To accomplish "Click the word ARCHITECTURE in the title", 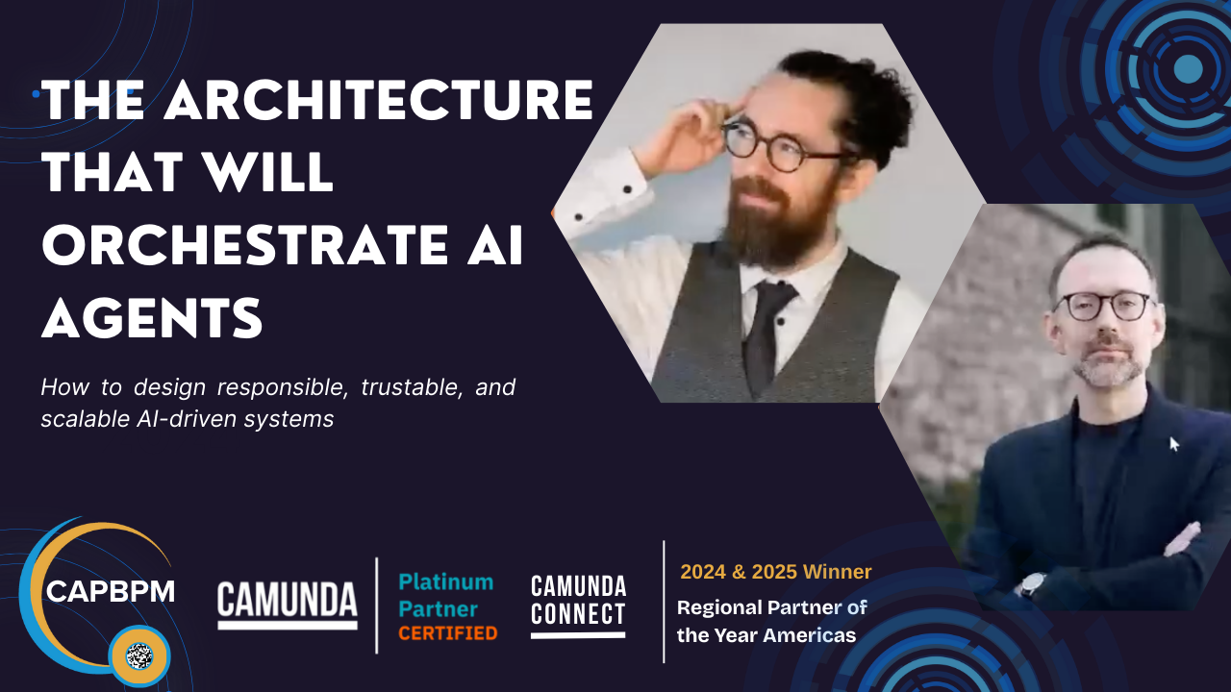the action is tap(379, 101).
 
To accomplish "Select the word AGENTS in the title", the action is tap(152, 318).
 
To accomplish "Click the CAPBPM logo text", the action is tap(111, 591).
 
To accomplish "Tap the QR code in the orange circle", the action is tap(139, 655).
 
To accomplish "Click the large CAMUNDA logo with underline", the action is tap(288, 605).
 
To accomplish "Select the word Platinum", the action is tap(445, 582).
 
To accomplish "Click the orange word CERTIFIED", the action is tap(448, 633).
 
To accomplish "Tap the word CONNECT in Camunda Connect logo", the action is tap(578, 613).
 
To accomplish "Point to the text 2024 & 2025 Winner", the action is tap(776, 572).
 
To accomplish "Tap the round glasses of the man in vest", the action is tap(786, 145).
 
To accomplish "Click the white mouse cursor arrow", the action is tap(1173, 444).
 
